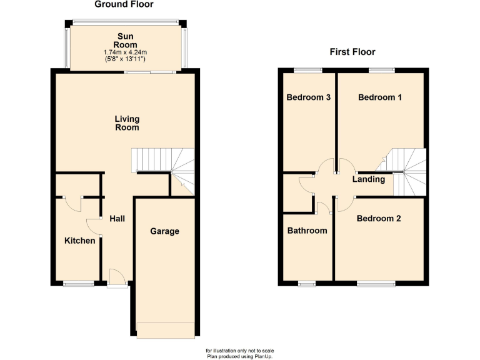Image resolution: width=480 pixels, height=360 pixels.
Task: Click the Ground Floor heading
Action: pyautogui.click(x=124, y=4)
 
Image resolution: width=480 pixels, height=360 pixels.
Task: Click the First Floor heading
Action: pyautogui.click(x=352, y=52)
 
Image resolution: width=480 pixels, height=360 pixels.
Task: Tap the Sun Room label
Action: pyautogui.click(x=126, y=41)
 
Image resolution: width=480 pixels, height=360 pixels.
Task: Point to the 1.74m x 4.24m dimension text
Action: pyautogui.click(x=126, y=52)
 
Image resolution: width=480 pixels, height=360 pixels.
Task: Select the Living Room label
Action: pyautogui.click(x=127, y=123)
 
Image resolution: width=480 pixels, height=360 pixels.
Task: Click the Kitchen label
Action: pyautogui.click(x=80, y=241)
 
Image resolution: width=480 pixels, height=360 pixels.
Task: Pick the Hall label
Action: pyautogui.click(x=117, y=219)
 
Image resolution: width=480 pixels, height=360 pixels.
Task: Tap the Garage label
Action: pyautogui.click(x=164, y=231)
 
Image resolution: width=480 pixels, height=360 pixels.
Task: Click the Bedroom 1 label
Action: pyautogui.click(x=380, y=97)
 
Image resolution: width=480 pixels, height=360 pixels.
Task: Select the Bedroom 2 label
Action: pyautogui.click(x=379, y=219)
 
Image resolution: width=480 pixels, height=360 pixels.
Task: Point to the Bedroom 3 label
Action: pyautogui.click(x=308, y=97)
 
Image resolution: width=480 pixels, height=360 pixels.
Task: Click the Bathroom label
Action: pyautogui.click(x=307, y=231)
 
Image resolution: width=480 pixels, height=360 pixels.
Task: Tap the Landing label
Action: pyautogui.click(x=369, y=179)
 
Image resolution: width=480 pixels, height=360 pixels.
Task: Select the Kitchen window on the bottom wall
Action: pyautogui.click(x=78, y=284)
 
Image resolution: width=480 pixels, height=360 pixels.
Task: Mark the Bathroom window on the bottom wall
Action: pyautogui.click(x=306, y=284)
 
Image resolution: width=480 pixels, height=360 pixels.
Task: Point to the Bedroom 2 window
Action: pyautogui.click(x=376, y=284)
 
